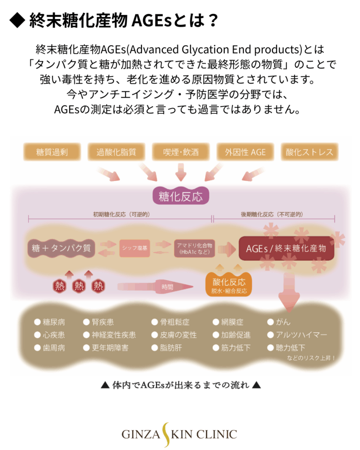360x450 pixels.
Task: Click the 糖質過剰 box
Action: (x=52, y=152)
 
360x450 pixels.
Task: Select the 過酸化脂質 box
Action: (x=116, y=152)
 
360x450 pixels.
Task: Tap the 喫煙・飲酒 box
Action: (x=180, y=152)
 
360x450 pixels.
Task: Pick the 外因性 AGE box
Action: (x=245, y=152)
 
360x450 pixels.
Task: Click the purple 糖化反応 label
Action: (x=181, y=196)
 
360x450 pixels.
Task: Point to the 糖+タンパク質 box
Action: (x=62, y=248)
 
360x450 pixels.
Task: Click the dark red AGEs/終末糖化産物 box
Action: (x=286, y=248)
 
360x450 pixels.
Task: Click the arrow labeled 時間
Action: (x=156, y=287)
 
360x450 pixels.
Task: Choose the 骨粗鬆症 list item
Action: (x=173, y=322)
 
